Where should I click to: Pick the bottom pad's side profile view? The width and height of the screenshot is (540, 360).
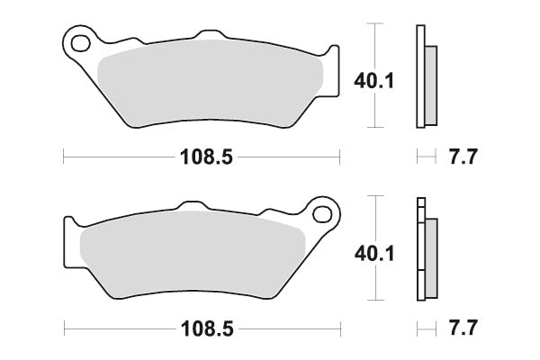pos(424,250)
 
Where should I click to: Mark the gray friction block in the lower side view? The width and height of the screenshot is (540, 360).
pos(430,256)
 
